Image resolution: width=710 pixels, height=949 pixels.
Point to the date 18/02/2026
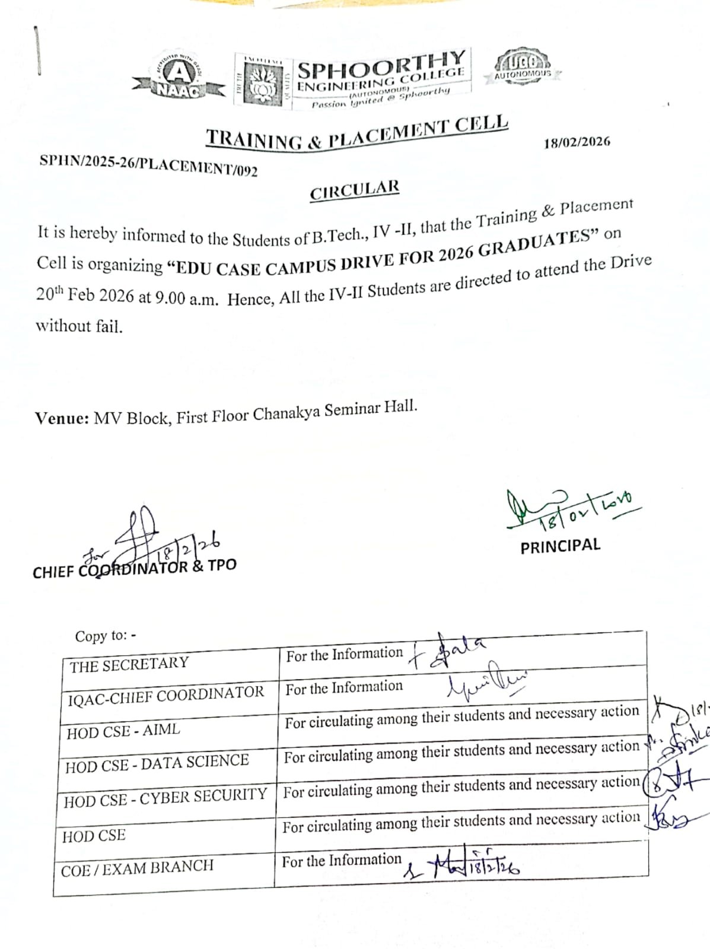pyautogui.click(x=577, y=142)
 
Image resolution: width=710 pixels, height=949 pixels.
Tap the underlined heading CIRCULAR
pyautogui.click(x=354, y=190)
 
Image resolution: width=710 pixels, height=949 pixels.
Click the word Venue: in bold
pyautogui.click(x=62, y=418)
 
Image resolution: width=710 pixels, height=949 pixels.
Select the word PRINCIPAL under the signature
pyautogui.click(x=560, y=546)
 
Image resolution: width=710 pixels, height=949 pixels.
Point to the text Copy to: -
pyautogui.click(x=106, y=636)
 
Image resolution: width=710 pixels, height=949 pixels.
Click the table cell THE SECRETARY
pyautogui.click(x=129, y=664)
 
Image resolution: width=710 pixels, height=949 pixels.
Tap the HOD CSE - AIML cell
pyautogui.click(x=123, y=731)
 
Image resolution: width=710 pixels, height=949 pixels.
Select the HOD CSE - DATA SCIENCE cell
pyautogui.click(x=157, y=763)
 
